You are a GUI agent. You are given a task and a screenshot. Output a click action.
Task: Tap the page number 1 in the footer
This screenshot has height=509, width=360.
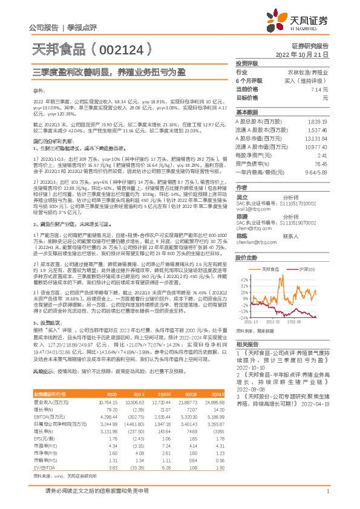[x=327, y=491]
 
